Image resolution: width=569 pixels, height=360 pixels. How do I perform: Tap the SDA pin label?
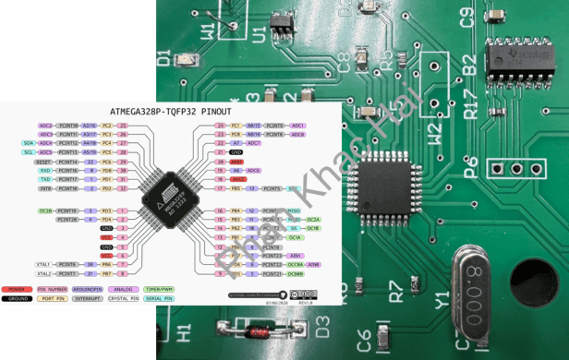(30, 143)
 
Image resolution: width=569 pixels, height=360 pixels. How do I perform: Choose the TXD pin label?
(44, 179)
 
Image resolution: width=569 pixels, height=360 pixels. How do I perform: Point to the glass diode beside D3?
(247, 327)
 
